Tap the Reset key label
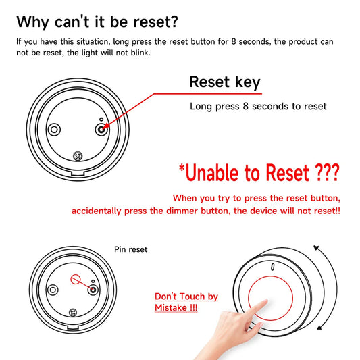pyautogui.click(x=224, y=82)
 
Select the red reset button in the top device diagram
pyautogui.click(x=100, y=128)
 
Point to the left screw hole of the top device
pyautogui.click(x=54, y=128)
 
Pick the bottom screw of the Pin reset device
pyautogui.click(x=72, y=311)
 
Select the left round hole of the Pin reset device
pyautogui.click(x=51, y=288)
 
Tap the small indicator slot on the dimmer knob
pyautogui.click(x=272, y=267)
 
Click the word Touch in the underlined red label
pyautogui.click(x=191, y=297)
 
